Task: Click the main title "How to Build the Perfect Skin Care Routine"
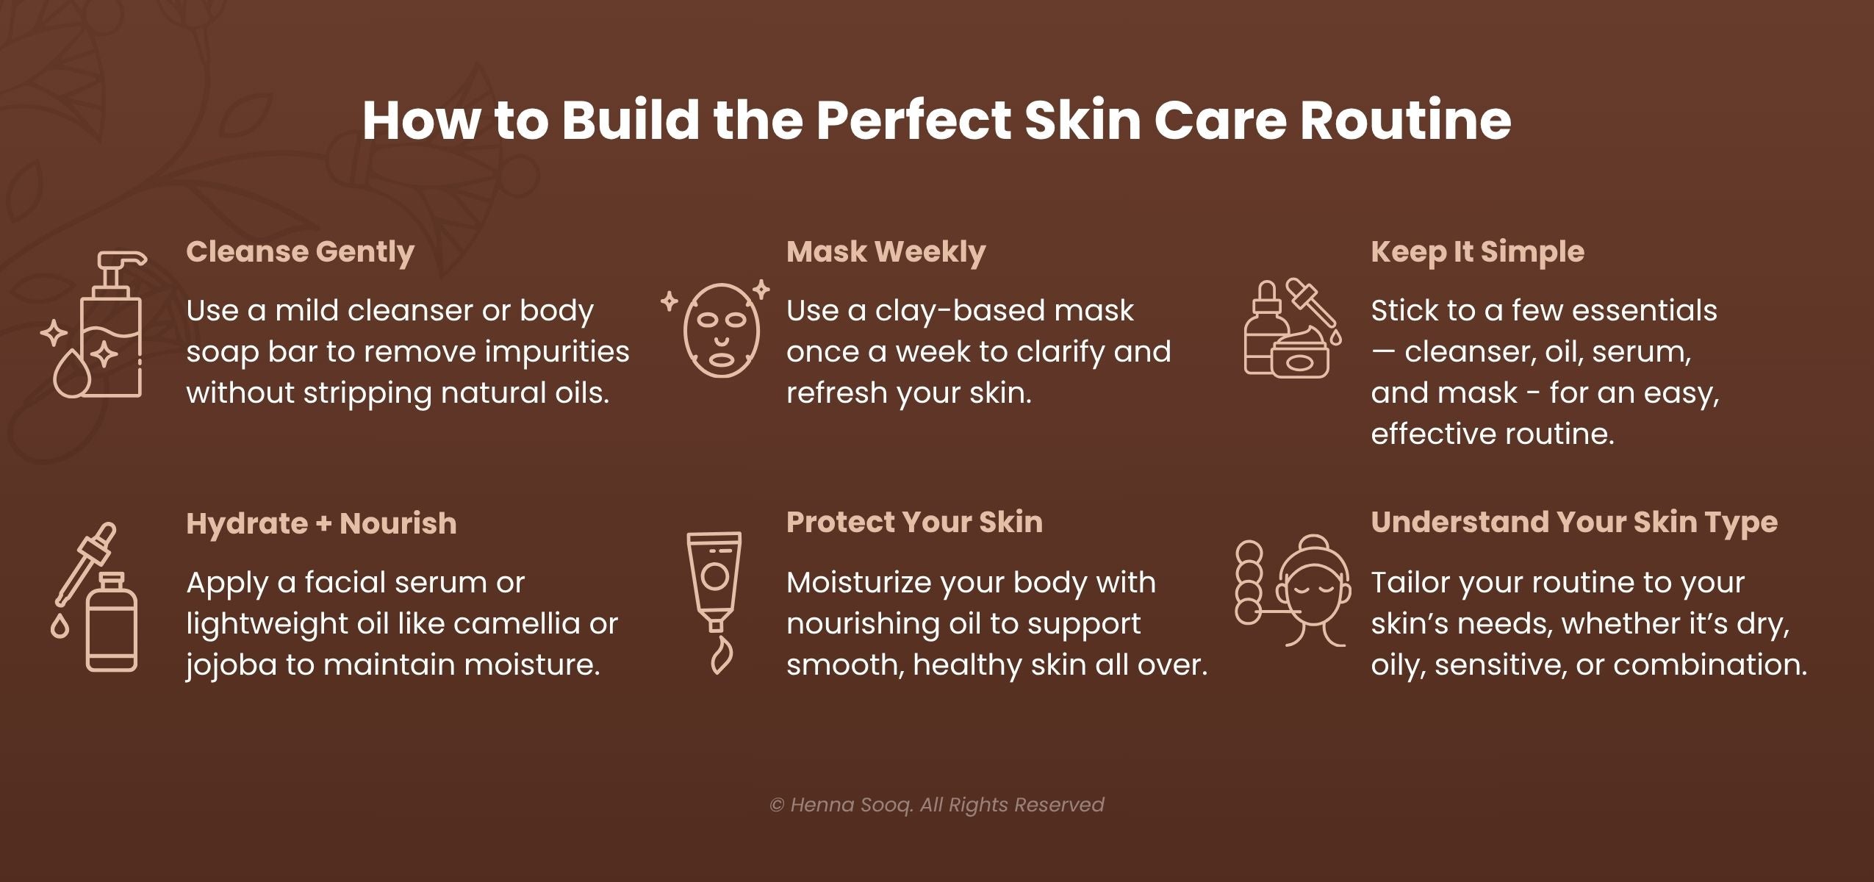point(936,120)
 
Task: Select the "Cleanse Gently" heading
point(300,252)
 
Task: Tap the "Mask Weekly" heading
point(886,252)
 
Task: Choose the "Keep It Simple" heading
point(1477,252)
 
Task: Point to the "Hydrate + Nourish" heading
point(321,524)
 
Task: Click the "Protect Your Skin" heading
point(914,523)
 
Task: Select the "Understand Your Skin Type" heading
point(1574,523)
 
